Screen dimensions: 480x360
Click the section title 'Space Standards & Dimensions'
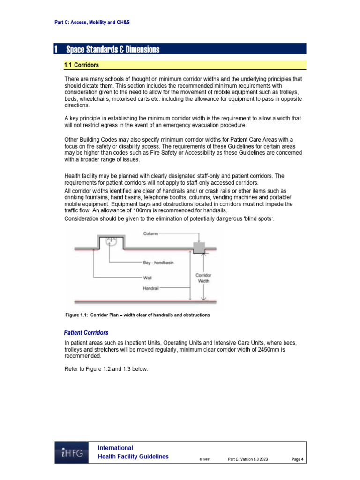[112, 50]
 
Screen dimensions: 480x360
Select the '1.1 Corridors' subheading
[81, 65]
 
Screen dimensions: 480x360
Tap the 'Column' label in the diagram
[151, 233]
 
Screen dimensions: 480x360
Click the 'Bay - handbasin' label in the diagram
[158, 263]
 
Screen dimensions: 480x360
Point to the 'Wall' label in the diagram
[147, 277]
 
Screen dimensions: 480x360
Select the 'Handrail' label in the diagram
[150, 289]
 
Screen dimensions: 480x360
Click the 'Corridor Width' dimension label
[203, 278]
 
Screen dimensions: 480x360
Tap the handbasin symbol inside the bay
[111, 242]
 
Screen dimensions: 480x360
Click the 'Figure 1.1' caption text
[137, 315]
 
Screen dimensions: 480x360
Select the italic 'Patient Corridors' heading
[86, 333]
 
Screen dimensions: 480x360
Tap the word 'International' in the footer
[115, 448]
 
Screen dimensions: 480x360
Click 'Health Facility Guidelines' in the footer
[133, 457]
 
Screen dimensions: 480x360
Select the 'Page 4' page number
[297, 459]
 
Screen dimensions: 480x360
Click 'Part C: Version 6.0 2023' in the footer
[248, 459]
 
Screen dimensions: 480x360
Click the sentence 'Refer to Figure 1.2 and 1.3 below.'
[106, 369]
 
